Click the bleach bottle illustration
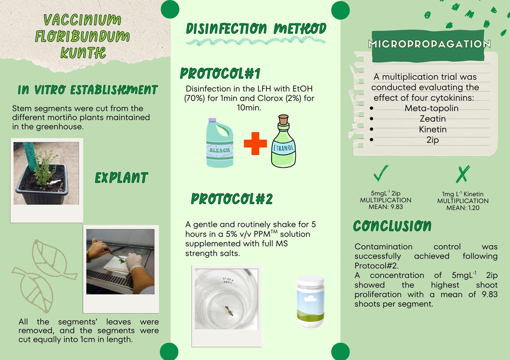pos(219,143)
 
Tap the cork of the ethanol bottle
pos(284,119)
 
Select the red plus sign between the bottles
pos(255,144)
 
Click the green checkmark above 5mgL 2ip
pos(381,173)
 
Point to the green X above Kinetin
pos(463,174)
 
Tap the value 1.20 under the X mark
pos(473,208)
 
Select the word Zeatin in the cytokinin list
pos(432,119)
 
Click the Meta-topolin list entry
pos(431,108)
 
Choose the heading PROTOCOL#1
pos(220,73)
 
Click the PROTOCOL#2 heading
pos(232,199)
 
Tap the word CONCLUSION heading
pos(392,226)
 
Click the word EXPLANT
pos(121,178)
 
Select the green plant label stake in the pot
pos(29,156)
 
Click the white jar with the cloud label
pos(310,301)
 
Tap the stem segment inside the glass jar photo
pos(229,311)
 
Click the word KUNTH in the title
pos(83,53)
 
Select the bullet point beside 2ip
pos(371,139)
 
